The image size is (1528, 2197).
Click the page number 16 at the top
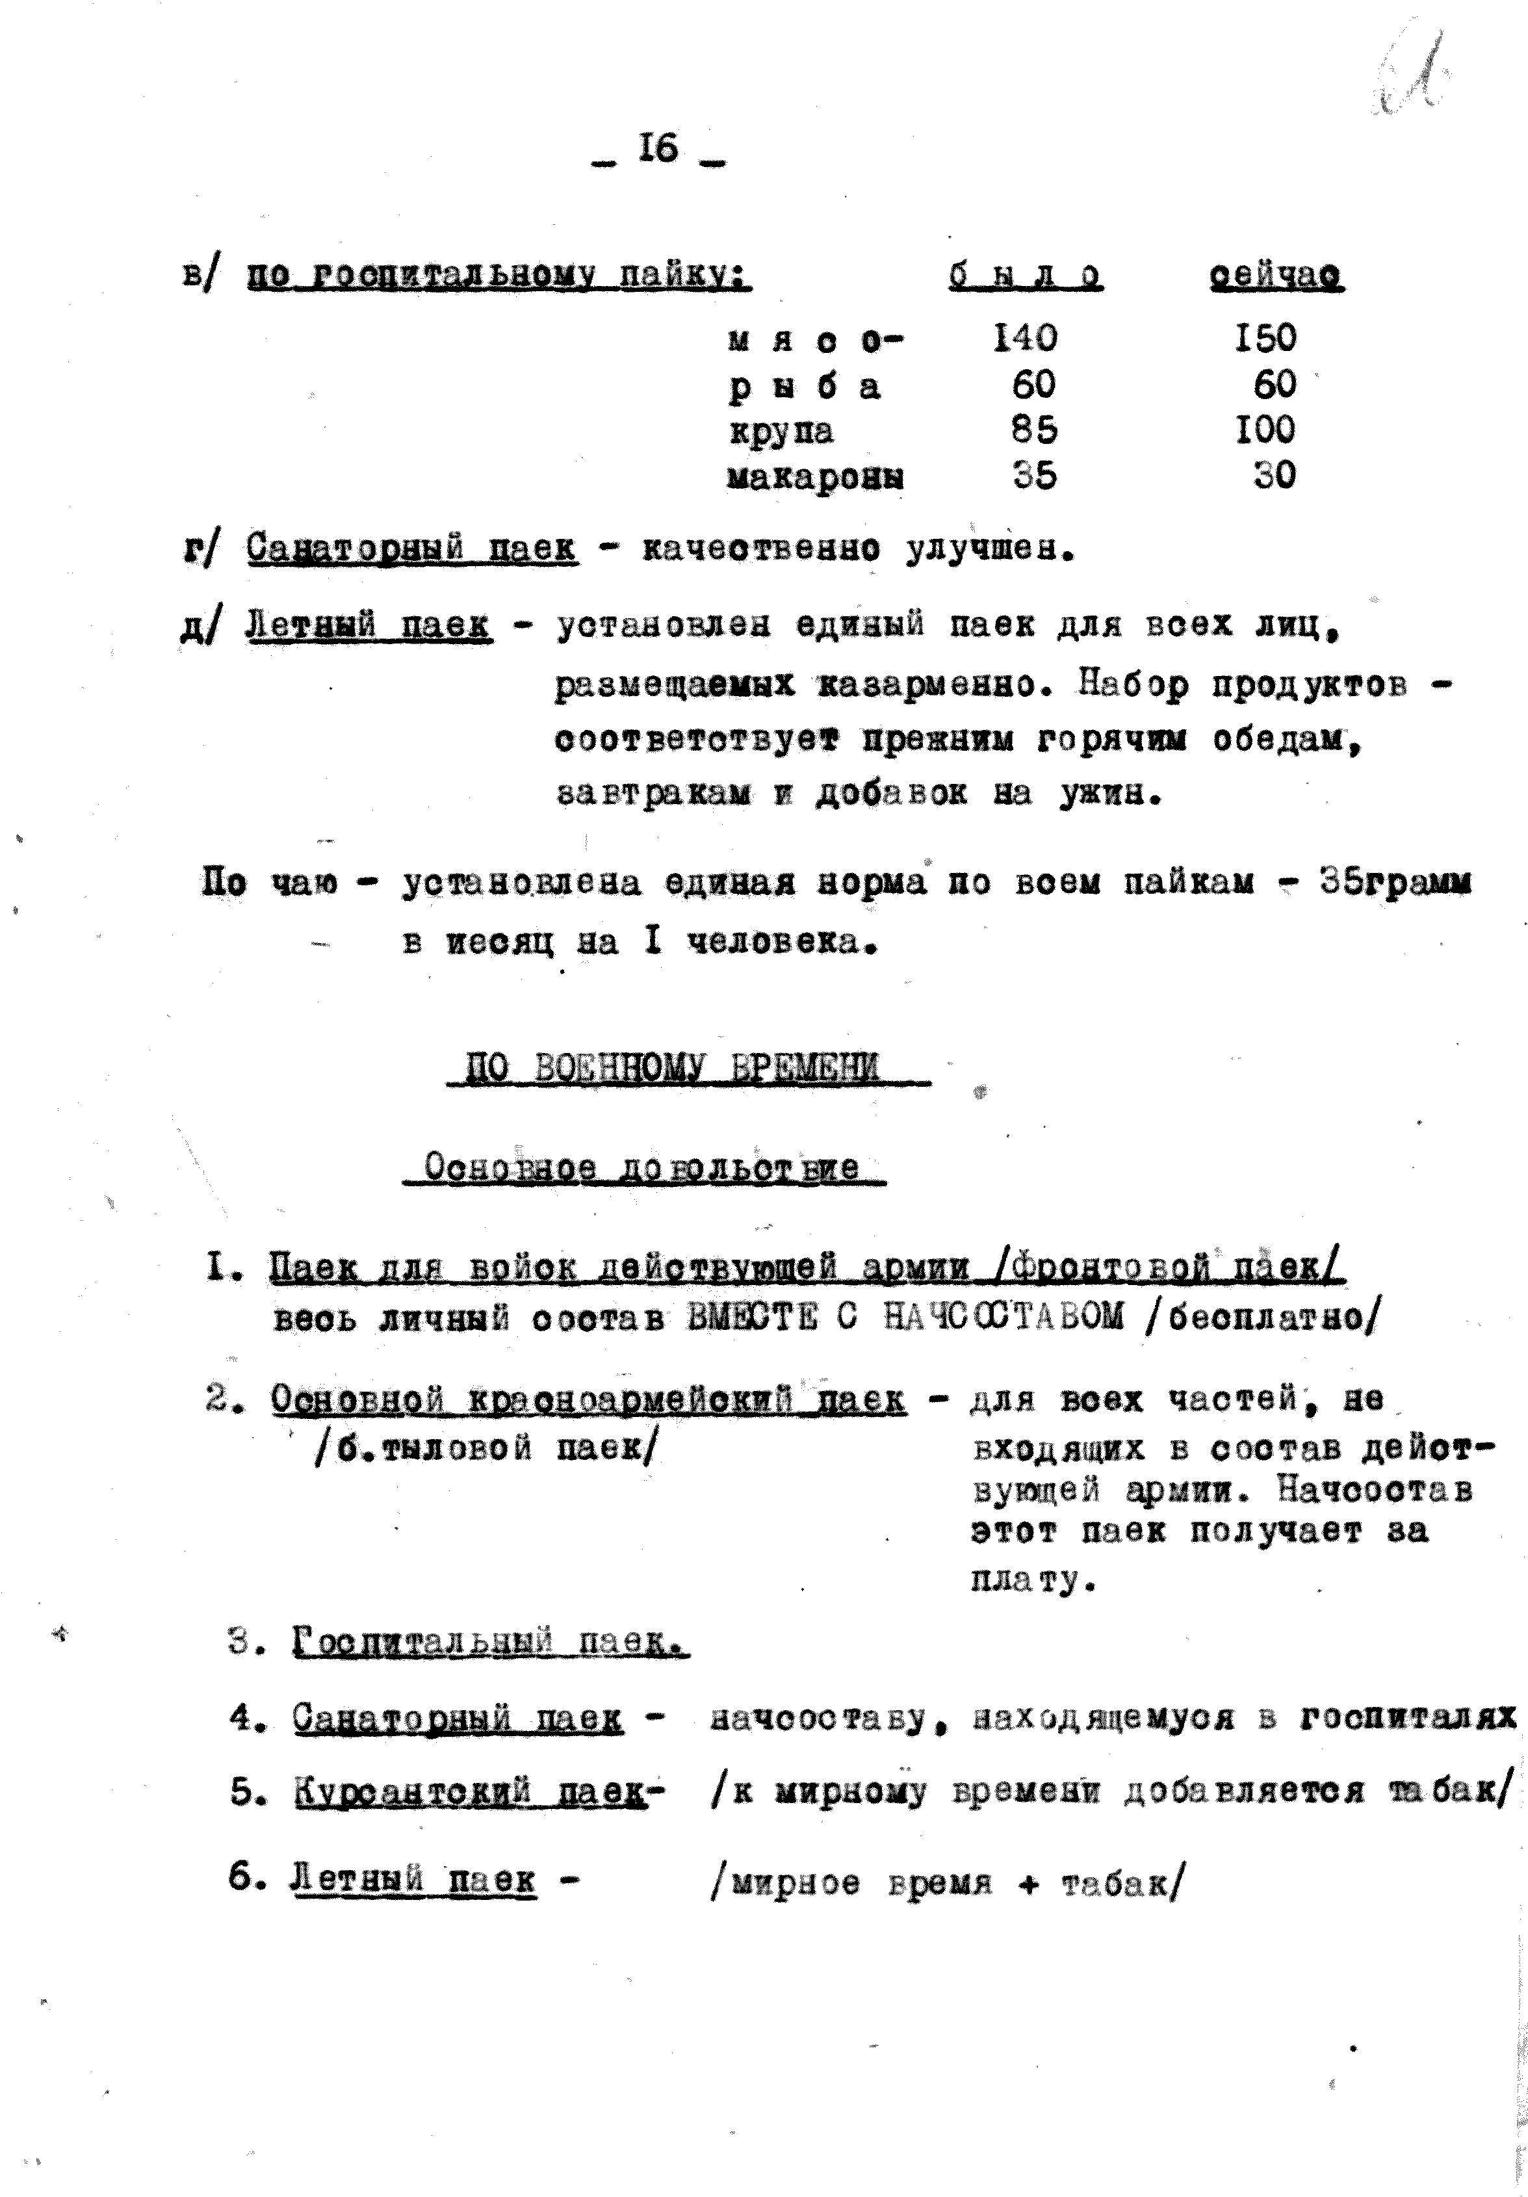(x=659, y=149)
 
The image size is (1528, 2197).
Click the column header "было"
(x=1025, y=276)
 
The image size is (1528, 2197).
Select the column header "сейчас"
(x=1276, y=276)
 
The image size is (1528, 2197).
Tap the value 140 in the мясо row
(x=1026, y=338)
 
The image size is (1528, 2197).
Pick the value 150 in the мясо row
(x=1265, y=338)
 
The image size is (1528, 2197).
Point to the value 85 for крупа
(x=1034, y=430)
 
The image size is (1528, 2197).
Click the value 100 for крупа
(x=1265, y=430)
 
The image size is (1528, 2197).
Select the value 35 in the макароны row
(x=1034, y=476)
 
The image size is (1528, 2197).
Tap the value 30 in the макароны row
(x=1275, y=476)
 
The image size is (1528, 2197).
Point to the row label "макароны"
(x=815, y=476)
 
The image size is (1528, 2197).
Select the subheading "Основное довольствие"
(x=642, y=1168)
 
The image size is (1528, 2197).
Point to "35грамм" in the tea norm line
(x=1394, y=882)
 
